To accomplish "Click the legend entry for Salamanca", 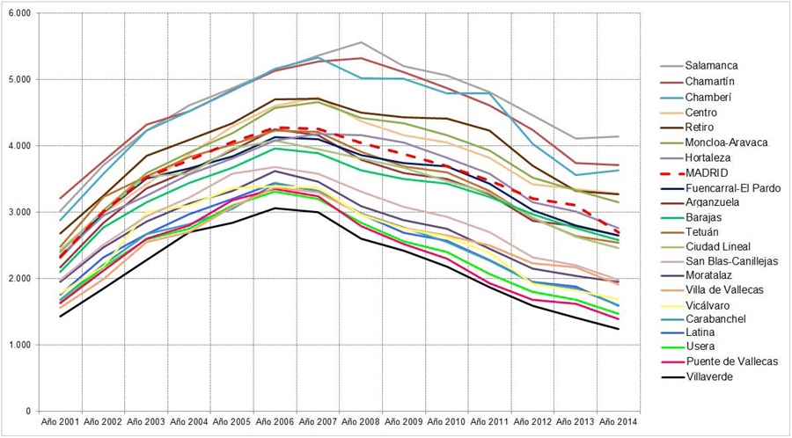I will point(710,65).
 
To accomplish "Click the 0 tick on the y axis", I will point(27,411).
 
